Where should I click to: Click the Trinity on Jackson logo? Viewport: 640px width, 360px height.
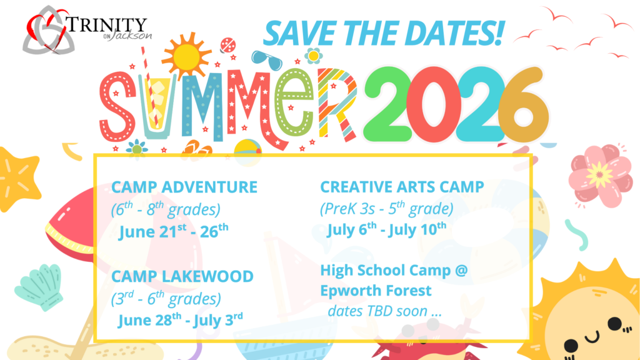pos(87,30)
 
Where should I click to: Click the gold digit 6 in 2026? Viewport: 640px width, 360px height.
pos(523,105)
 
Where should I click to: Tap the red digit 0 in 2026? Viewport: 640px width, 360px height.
pos(434,104)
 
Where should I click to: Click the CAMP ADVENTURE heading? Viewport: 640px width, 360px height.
pos(184,187)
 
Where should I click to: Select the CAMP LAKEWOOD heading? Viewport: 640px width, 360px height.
pos(182,276)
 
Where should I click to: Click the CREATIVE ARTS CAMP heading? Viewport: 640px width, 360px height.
pos(402,187)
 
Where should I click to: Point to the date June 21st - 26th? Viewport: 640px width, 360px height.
pos(174,231)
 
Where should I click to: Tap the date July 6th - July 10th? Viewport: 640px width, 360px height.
pos(386,229)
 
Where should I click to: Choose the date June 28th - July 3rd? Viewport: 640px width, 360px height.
pos(181,319)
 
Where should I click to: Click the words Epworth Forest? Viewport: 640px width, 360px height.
pos(376,291)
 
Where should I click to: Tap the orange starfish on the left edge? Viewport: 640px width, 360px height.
pos(18,179)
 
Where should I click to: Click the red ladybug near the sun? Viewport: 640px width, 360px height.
pos(227,45)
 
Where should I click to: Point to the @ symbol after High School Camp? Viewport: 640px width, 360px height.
pos(461,271)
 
